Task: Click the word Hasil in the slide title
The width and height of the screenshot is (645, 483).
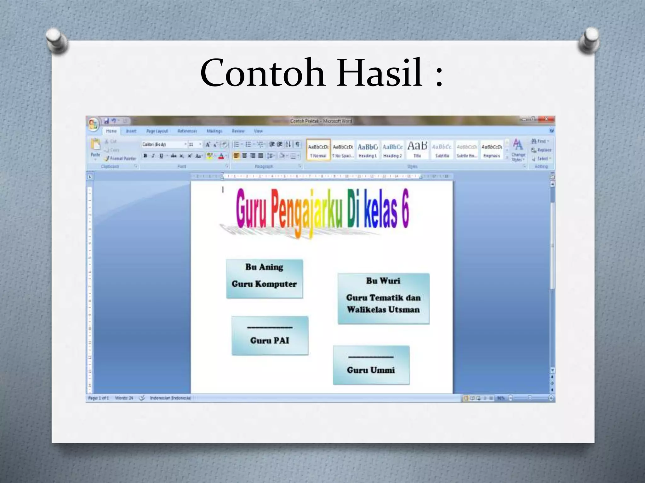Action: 380,73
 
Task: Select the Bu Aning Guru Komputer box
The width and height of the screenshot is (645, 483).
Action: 264,279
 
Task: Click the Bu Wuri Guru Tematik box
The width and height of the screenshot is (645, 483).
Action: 383,298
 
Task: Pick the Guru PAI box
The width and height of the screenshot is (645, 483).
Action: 270,336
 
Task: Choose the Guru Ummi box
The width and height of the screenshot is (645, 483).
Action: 371,365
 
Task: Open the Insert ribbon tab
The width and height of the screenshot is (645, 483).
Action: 131,131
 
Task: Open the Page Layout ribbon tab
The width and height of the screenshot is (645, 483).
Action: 157,131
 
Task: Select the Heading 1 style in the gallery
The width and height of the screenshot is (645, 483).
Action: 368,150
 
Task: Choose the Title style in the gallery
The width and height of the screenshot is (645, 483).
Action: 417,150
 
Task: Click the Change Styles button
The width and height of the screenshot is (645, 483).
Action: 518,150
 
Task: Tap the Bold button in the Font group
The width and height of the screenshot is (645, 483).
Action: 145,156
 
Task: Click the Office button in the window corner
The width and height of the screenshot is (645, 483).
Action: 93,124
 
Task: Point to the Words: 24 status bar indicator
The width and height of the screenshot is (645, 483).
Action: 124,398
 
